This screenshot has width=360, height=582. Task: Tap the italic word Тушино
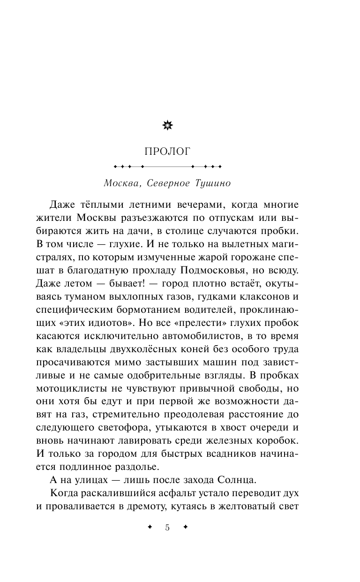click(x=211, y=183)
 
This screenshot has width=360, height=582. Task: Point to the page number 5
click(x=167, y=527)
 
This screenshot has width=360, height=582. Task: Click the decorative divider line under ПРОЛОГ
click(x=167, y=166)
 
